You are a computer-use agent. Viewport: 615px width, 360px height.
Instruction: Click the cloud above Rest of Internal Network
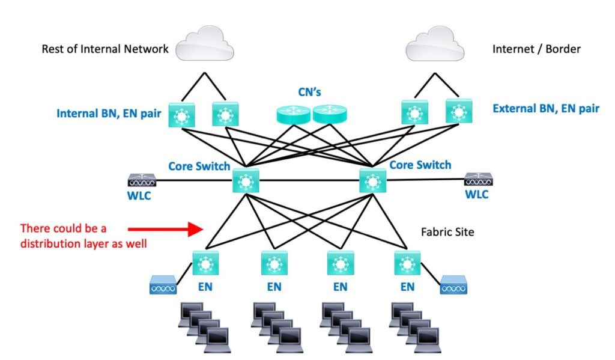pyautogui.click(x=205, y=44)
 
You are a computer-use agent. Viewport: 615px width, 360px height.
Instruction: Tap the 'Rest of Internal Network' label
pyautogui.click(x=105, y=49)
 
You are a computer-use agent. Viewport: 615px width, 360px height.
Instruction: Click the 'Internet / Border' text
pyautogui.click(x=536, y=49)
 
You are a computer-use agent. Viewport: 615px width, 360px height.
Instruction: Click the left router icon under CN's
pyautogui.click(x=292, y=114)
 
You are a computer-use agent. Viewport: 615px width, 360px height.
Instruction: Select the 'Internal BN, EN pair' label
pyautogui.click(x=109, y=113)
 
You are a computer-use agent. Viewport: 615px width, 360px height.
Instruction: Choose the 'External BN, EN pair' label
pyautogui.click(x=546, y=109)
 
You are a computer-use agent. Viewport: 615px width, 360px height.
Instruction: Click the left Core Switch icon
pyautogui.click(x=245, y=180)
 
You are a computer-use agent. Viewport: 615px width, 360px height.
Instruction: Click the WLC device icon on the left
pyautogui.click(x=142, y=180)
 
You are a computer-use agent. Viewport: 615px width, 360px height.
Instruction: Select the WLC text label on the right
pyautogui.click(x=477, y=195)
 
